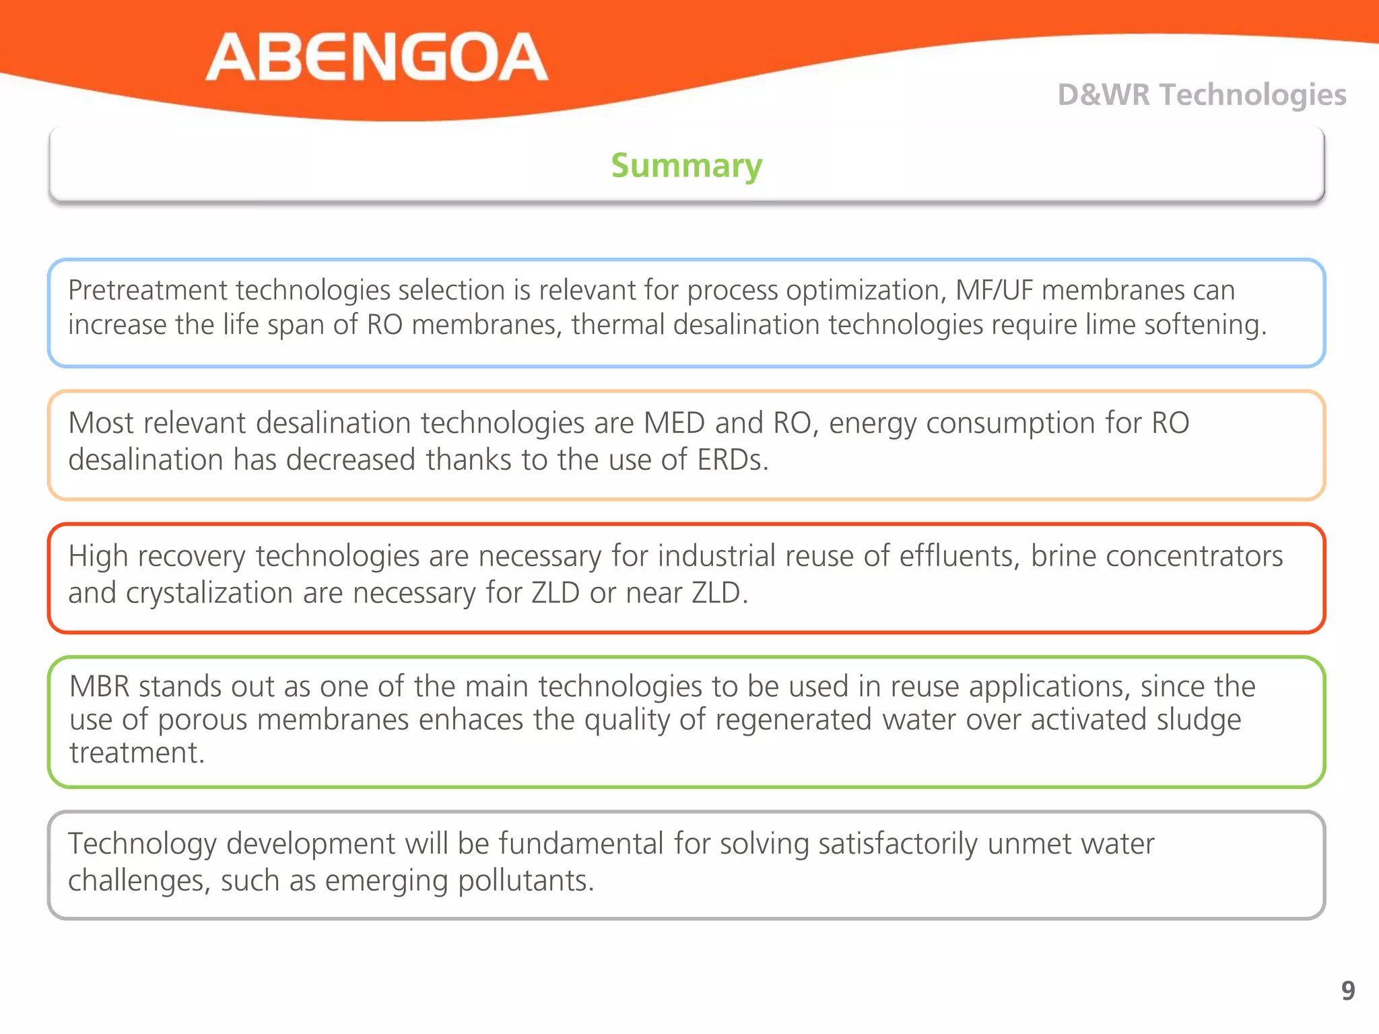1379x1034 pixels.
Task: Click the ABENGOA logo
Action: pyautogui.click(x=377, y=58)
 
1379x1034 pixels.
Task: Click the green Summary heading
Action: pyautogui.click(x=686, y=166)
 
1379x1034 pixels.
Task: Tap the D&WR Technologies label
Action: pyautogui.click(x=1201, y=95)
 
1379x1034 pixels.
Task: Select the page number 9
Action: pyautogui.click(x=1347, y=990)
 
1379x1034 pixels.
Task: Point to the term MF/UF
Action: pyautogui.click(x=994, y=290)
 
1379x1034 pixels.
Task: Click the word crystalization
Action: pyautogui.click(x=209, y=594)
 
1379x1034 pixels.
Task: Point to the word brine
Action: pyautogui.click(x=1063, y=557)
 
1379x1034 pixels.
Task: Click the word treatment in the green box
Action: pyautogui.click(x=136, y=753)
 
